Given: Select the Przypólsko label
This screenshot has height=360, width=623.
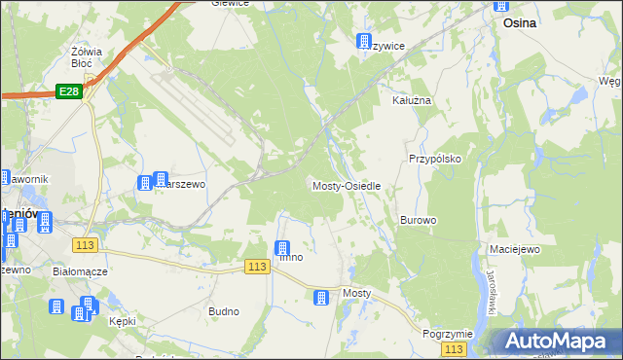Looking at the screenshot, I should (x=434, y=158).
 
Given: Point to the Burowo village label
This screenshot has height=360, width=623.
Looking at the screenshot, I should (x=418, y=220).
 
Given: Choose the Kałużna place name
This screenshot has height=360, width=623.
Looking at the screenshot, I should (x=411, y=100).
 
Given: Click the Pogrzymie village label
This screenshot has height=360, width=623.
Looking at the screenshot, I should (x=448, y=333).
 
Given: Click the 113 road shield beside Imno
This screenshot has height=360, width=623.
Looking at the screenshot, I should (x=257, y=267).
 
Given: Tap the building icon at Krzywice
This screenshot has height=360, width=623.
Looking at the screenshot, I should (x=364, y=41).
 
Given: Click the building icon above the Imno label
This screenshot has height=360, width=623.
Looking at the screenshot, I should (x=283, y=248).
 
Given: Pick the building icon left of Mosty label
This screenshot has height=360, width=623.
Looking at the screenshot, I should (x=321, y=297).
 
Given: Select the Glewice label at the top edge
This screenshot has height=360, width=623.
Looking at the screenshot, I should (x=231, y=4).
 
